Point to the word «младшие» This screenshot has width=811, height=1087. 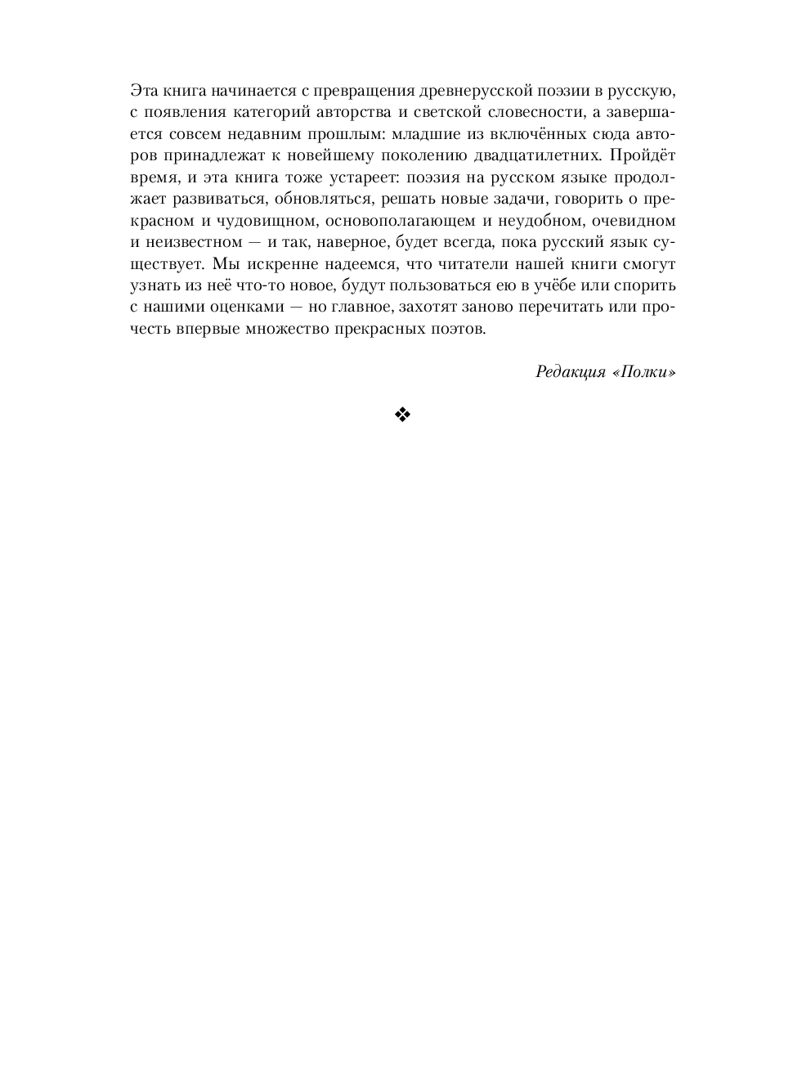[x=426, y=133]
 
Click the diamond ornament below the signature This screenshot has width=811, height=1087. [x=402, y=415]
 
